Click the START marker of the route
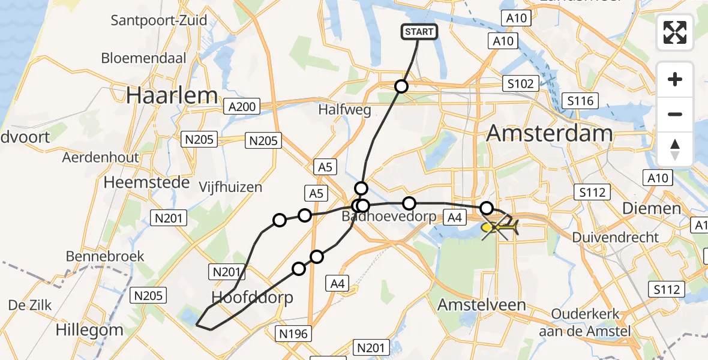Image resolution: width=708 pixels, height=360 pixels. click(419, 32)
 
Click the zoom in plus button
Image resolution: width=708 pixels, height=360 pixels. click(675, 80)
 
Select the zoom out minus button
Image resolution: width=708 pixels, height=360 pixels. click(675, 114)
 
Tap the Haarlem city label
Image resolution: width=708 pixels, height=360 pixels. click(172, 95)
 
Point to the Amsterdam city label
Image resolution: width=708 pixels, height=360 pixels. click(549, 133)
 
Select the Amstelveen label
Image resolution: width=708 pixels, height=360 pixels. click(481, 304)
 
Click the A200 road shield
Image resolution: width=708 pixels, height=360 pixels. click(242, 107)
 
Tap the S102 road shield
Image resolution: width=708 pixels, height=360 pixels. click(520, 84)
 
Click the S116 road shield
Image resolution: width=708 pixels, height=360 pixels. click(580, 100)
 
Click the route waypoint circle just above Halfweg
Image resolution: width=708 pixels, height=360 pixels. click(401, 86)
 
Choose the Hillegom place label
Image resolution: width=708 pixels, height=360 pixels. click(89, 329)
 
